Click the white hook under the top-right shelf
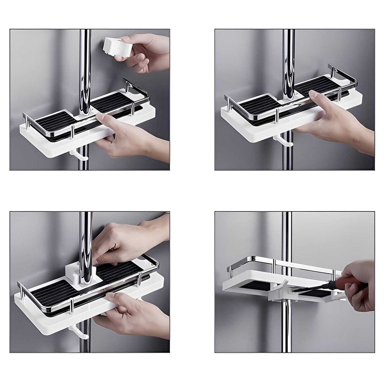tap(279, 141)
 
